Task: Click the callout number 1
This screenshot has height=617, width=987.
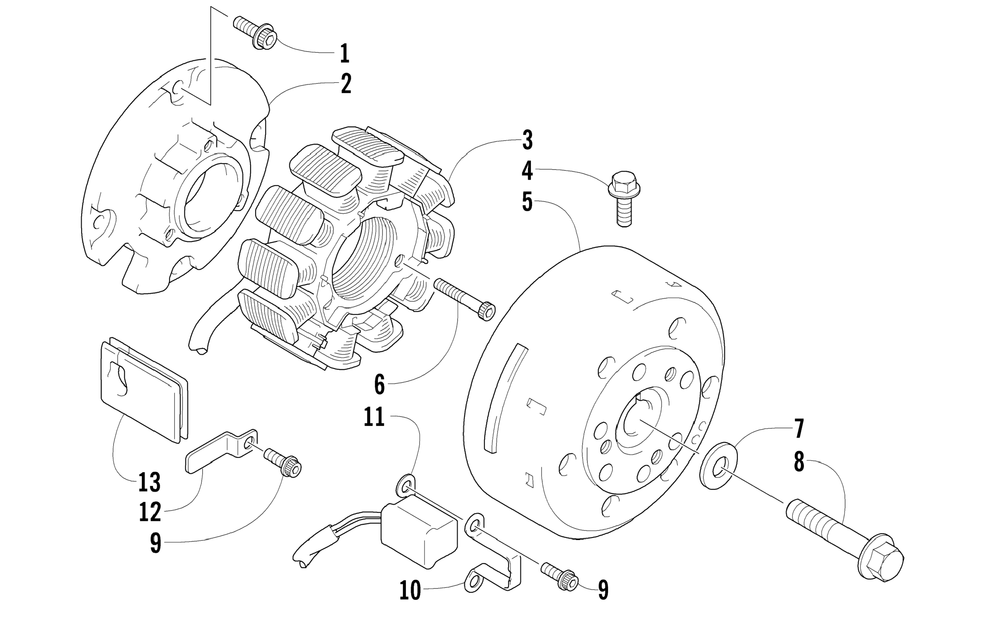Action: point(344,53)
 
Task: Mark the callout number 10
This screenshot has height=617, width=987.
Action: point(410,590)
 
